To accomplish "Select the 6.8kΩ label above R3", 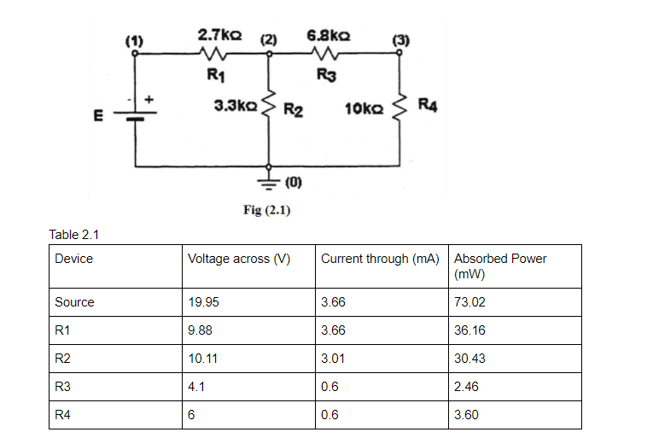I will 327,36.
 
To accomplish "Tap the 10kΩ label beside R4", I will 364,108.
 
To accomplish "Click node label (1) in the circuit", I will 134,39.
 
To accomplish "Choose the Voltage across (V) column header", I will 239,259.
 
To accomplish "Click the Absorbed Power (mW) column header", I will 500,265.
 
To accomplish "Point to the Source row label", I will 74,302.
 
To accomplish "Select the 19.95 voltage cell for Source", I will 203,302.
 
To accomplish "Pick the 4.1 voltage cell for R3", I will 195,387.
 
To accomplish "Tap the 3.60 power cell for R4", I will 467,415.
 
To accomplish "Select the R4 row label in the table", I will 61,415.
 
